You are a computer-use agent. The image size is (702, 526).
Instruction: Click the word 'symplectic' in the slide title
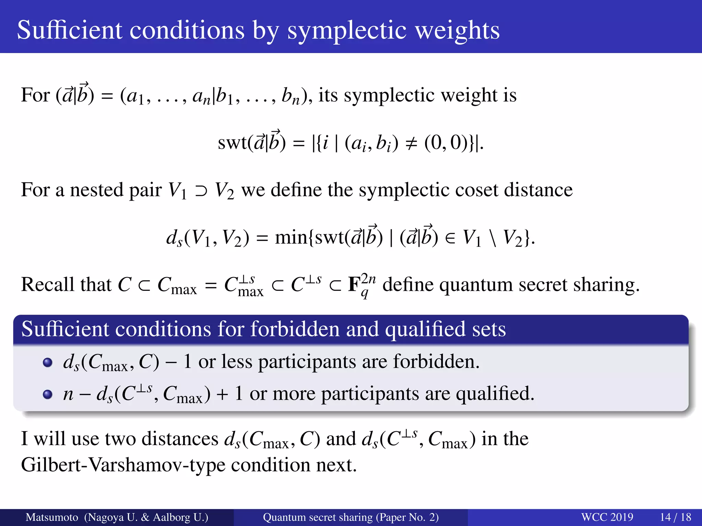coord(348,31)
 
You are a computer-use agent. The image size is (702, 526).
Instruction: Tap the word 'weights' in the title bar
coord(458,31)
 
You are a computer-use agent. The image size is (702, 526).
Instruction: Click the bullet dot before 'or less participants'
coord(48,362)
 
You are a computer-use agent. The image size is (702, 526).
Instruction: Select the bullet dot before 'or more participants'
coord(48,394)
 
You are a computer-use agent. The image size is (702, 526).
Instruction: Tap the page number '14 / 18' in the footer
coord(676,517)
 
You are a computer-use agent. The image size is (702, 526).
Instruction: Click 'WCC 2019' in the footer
coord(607,517)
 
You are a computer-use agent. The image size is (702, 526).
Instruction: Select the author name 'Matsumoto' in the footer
coord(52,517)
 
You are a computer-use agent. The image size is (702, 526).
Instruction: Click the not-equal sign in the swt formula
coord(411,143)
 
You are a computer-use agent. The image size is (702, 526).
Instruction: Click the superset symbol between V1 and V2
coord(201,191)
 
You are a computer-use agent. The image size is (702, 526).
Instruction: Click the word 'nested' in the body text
coord(96,190)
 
